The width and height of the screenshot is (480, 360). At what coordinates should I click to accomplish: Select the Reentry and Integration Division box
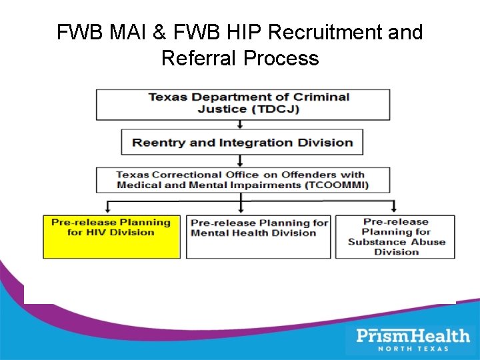click(x=241, y=142)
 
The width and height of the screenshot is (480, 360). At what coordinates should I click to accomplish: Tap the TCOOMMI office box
click(x=241, y=180)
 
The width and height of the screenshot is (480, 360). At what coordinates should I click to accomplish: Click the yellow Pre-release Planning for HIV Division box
click(x=111, y=237)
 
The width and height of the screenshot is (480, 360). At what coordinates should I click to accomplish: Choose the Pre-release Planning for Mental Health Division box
click(x=258, y=237)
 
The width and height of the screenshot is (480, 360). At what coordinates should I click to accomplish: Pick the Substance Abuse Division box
click(x=395, y=237)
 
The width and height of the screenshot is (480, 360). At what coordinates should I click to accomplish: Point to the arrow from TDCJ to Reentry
click(x=241, y=124)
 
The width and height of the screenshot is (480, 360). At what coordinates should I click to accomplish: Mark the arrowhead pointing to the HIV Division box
click(x=106, y=209)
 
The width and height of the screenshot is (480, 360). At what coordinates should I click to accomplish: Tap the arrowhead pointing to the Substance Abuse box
click(x=393, y=209)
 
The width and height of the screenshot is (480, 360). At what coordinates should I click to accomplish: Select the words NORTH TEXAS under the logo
click(x=413, y=348)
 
